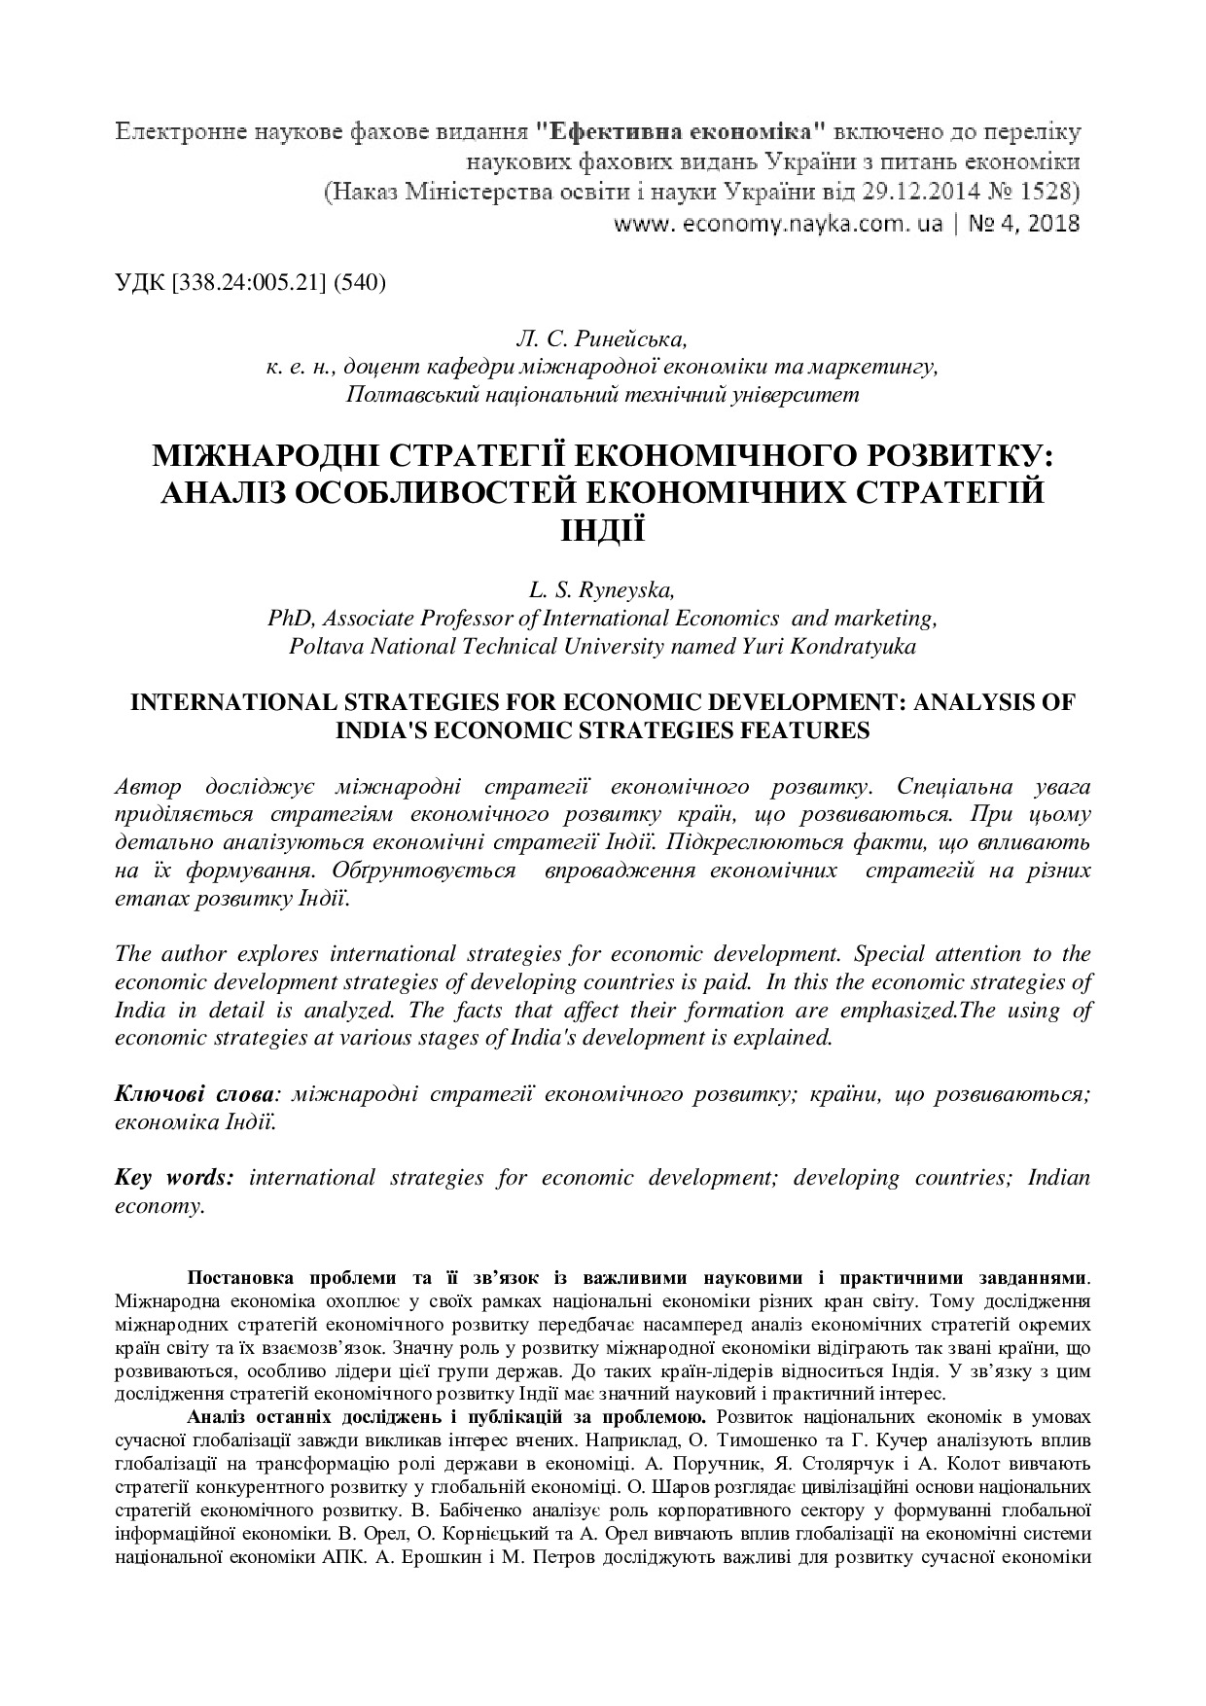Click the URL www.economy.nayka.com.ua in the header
[777, 224]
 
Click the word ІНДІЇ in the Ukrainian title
[601, 530]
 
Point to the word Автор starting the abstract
[148, 786]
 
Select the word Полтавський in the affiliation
[405, 395]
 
